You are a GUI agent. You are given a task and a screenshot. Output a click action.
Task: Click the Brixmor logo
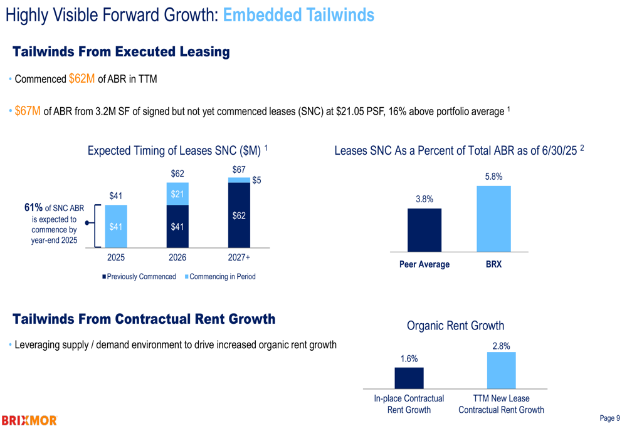point(29,420)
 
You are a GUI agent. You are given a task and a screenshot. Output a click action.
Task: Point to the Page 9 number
point(609,418)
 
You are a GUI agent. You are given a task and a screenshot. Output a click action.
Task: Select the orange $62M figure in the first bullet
point(82,79)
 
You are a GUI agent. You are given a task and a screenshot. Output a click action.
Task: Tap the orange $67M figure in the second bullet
point(28,111)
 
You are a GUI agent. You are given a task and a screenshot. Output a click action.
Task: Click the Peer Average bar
point(424,229)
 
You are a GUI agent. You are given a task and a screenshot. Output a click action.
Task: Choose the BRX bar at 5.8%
point(493,219)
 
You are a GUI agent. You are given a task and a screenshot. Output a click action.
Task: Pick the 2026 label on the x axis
point(177,257)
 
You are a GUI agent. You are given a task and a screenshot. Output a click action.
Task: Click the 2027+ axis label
point(239,257)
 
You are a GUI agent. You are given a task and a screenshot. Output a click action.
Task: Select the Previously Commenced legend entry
point(139,276)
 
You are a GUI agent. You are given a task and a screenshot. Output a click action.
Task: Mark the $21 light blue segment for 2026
point(177,194)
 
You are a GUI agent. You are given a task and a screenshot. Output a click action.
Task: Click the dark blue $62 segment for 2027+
point(239,215)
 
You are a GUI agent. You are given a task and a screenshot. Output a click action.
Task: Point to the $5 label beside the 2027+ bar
point(256,180)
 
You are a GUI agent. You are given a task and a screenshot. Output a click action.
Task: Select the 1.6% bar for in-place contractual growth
point(409,378)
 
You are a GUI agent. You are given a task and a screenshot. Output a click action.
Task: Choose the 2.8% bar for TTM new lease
point(501,370)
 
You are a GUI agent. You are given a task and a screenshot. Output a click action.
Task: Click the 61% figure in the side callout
point(34,208)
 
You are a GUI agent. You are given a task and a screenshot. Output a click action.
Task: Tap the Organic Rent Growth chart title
point(455,326)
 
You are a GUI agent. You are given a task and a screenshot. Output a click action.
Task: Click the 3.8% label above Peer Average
point(424,199)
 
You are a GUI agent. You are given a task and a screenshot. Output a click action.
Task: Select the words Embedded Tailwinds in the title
point(298,16)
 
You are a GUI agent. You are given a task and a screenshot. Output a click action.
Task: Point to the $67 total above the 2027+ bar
point(239,170)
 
